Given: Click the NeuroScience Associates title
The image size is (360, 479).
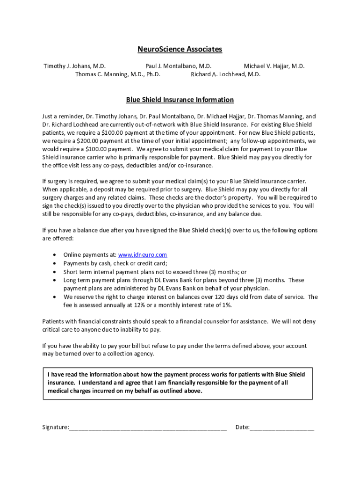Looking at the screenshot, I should [180, 49].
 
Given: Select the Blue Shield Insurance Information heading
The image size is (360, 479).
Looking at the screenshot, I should [180, 100].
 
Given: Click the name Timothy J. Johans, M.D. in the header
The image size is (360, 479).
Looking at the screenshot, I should [74, 66].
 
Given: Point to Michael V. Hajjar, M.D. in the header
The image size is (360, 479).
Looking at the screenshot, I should [274, 66].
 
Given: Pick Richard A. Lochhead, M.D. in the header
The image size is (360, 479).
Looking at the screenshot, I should [225, 74].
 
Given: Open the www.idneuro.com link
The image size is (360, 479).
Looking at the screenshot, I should [142, 255].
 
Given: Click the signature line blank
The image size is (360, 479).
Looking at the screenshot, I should [148, 427].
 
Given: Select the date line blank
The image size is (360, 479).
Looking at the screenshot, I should [282, 427].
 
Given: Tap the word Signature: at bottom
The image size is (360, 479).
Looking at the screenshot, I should [56, 427].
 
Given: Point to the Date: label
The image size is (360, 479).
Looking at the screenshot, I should [242, 427].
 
